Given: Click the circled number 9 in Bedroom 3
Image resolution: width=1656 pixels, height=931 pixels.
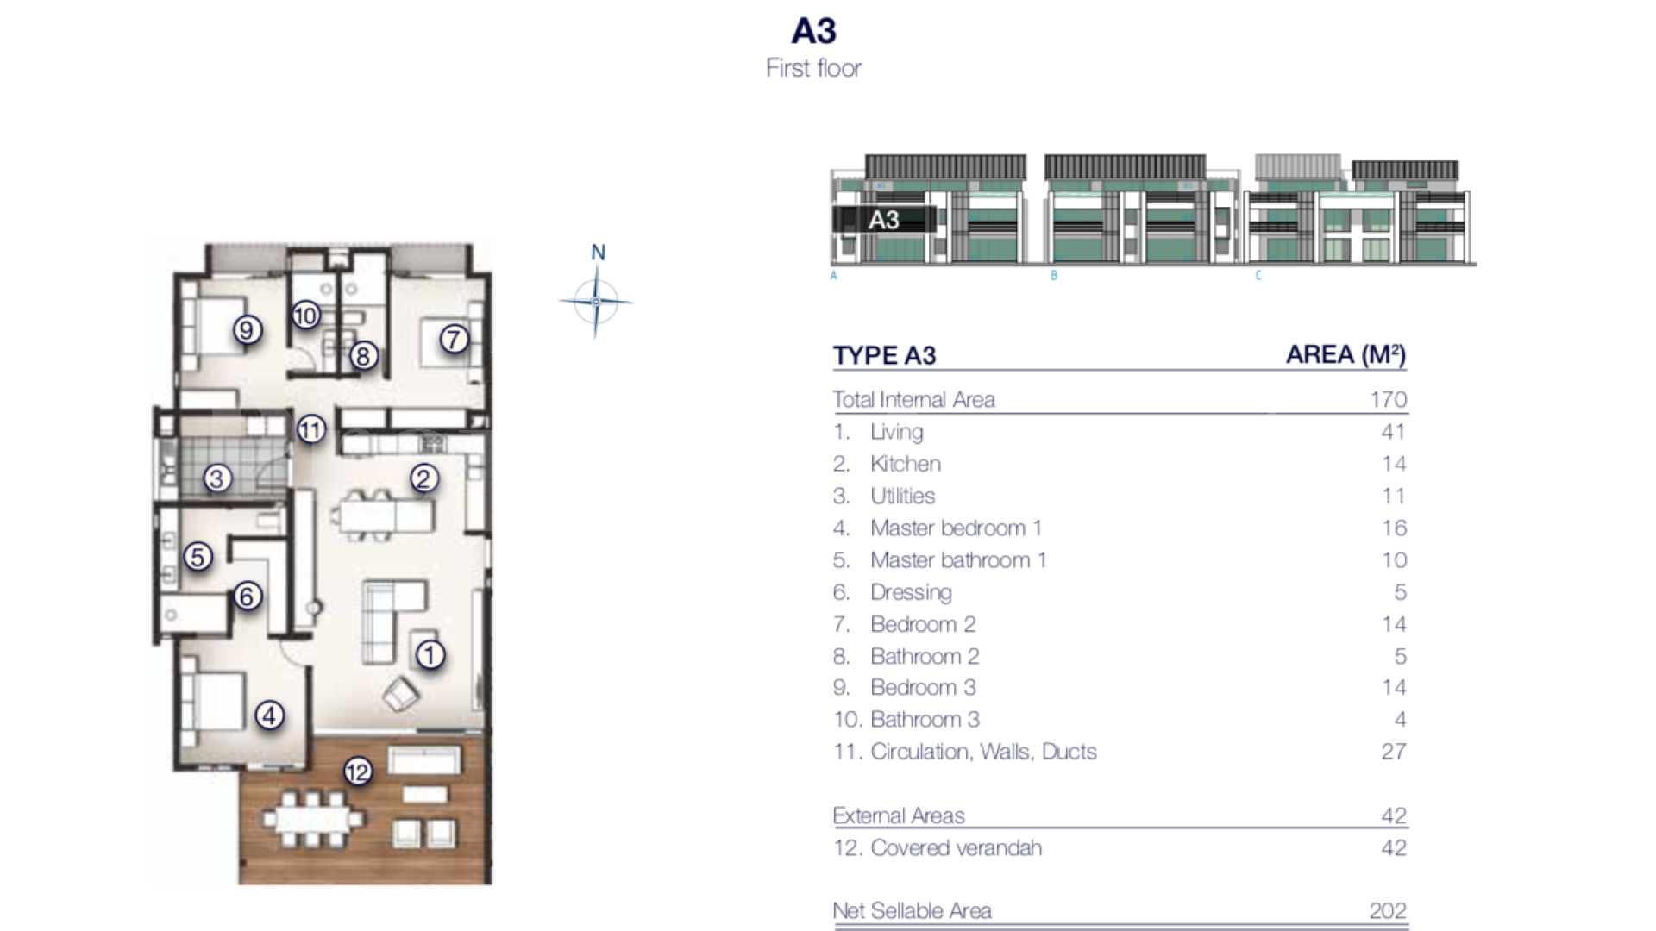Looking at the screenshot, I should pyautogui.click(x=248, y=329).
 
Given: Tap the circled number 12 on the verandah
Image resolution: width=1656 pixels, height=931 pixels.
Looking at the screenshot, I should pyautogui.click(x=358, y=771).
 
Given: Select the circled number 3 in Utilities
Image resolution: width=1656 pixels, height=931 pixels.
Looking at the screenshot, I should pyautogui.click(x=217, y=478).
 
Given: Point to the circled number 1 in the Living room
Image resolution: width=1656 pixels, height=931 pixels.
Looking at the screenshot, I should pyautogui.click(x=430, y=655).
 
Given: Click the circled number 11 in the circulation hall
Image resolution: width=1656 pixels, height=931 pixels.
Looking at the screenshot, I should pyautogui.click(x=311, y=428).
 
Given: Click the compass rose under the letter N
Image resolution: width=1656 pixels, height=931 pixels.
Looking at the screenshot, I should pyautogui.click(x=596, y=302).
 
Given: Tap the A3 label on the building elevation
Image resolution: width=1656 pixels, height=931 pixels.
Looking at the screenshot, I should pyautogui.click(x=884, y=220).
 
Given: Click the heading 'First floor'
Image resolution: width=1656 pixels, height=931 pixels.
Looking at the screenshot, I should pyautogui.click(x=813, y=68).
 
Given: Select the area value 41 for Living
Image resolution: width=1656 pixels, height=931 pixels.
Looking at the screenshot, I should pyautogui.click(x=1393, y=432).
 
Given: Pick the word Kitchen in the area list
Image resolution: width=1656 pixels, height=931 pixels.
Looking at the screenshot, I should pyautogui.click(x=905, y=464).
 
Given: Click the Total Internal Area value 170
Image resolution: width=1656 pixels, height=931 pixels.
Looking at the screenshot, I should pyautogui.click(x=1388, y=400).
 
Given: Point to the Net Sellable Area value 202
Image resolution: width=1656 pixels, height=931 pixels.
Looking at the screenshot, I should pyautogui.click(x=1387, y=910).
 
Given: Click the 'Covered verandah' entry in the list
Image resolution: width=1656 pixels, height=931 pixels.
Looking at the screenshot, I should pyautogui.click(x=956, y=848).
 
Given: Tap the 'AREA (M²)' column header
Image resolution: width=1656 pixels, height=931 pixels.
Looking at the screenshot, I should pyautogui.click(x=1345, y=354).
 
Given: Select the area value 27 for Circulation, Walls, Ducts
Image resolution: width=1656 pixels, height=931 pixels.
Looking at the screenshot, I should pyautogui.click(x=1393, y=752).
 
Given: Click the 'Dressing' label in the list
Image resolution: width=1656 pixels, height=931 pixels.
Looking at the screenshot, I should pyautogui.click(x=911, y=592).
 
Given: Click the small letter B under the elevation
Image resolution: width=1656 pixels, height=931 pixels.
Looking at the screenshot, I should pyautogui.click(x=1054, y=276).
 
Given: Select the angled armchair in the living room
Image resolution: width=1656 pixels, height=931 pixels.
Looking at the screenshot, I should pyautogui.click(x=401, y=694).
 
